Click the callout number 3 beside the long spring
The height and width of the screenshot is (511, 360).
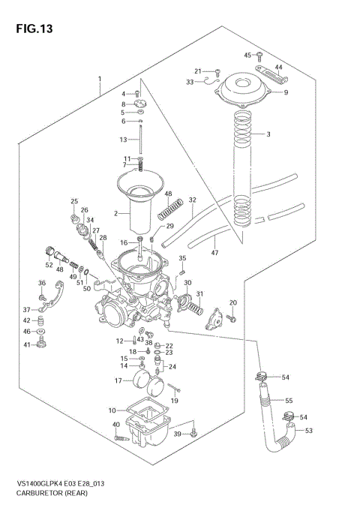[268, 134]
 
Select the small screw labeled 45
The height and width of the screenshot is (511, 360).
[258, 55]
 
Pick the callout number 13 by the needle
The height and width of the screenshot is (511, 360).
[124, 140]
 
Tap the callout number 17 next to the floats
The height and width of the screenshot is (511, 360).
[118, 380]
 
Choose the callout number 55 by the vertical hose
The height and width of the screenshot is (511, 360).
[288, 401]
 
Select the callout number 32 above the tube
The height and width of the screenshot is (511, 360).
[193, 200]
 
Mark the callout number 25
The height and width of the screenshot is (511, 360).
[74, 201]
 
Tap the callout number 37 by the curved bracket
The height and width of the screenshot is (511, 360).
[26, 310]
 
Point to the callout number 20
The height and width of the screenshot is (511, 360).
[232, 302]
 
